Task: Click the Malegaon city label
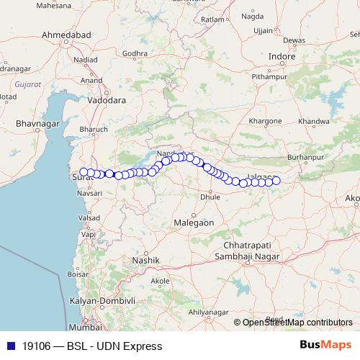point(194,223)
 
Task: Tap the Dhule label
point(210,196)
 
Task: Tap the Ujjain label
point(264,30)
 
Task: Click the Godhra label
point(135,53)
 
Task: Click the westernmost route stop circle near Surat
point(84,172)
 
